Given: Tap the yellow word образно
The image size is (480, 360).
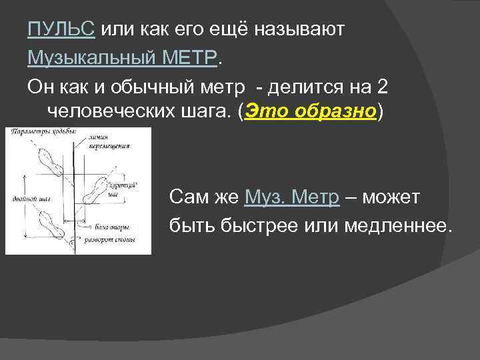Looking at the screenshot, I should pyautogui.click(x=333, y=111).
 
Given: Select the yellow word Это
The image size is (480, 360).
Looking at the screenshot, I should pyautogui.click(x=265, y=111).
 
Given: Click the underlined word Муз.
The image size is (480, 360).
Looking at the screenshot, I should pyautogui.click(x=265, y=197).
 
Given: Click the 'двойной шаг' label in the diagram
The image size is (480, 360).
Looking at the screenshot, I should pyautogui.click(x=29, y=198).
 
